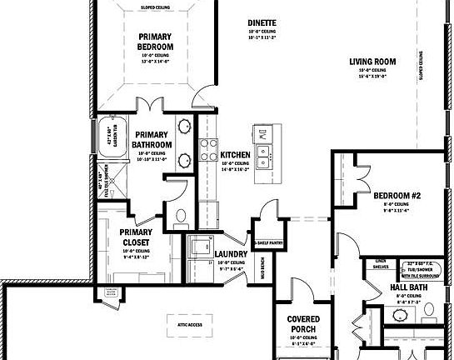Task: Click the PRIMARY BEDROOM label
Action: point(156,42)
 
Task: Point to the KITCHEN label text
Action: point(236,155)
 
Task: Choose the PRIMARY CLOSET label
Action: point(135,238)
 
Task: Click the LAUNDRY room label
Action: point(229,254)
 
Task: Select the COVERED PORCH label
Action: point(304,324)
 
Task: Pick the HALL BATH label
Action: point(409,287)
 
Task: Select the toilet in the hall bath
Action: point(429,312)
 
